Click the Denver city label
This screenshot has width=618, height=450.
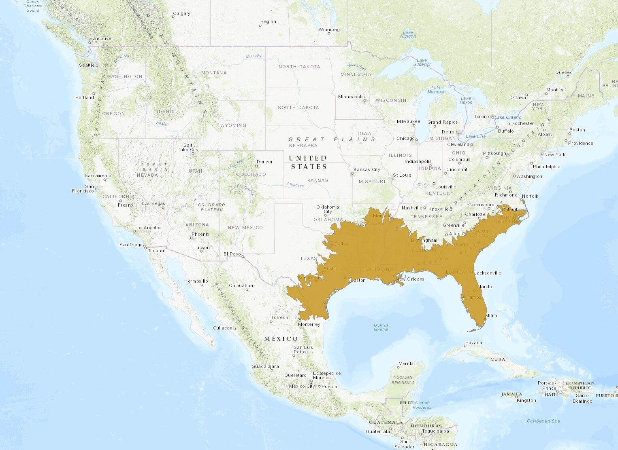pyautogui.click(x=264, y=162)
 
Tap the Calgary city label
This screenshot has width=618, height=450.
pyautogui.click(x=181, y=13)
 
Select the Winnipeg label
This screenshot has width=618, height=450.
pyautogui.click(x=329, y=30)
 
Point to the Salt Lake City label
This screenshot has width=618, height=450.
pyautogui.click(x=188, y=147)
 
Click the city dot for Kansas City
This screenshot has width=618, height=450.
pyautogui.click(x=352, y=173)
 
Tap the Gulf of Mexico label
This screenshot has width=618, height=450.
pyautogui.click(x=381, y=327)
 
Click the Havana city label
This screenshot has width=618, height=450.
pyautogui.click(x=473, y=342)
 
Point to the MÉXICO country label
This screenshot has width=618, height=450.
pyautogui.click(x=281, y=339)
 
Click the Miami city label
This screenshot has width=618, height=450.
pyautogui.click(x=492, y=315)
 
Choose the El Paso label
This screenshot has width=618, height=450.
pyautogui.click(x=232, y=254)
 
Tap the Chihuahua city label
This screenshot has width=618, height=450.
pyautogui.click(x=241, y=285)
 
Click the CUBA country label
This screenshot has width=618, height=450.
pyautogui.click(x=498, y=359)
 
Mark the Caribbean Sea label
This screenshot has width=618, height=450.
pyautogui.click(x=543, y=421)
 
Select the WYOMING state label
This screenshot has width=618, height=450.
pyautogui.click(x=233, y=125)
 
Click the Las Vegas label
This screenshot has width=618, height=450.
pyautogui.click(x=153, y=203)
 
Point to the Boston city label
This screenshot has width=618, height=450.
pyautogui.click(x=577, y=130)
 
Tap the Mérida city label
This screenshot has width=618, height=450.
pyautogui.click(x=405, y=363)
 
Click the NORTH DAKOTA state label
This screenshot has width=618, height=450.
pyautogui.click(x=299, y=67)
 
